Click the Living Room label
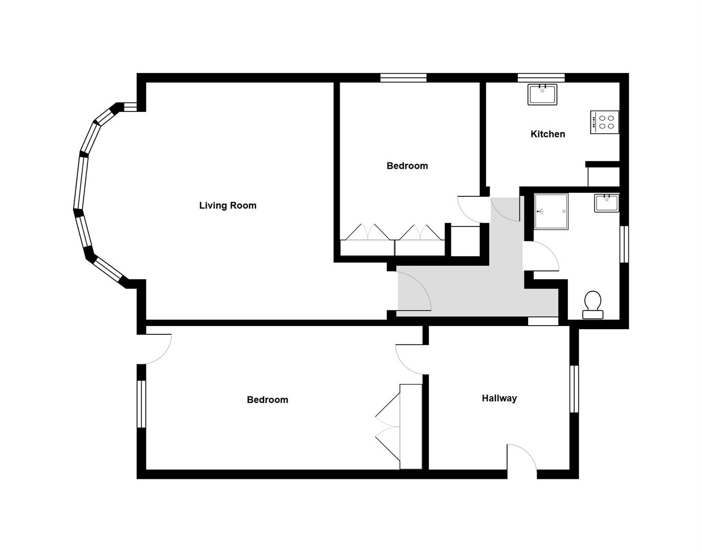point(228,205)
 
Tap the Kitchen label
point(547,134)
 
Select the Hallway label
point(499,398)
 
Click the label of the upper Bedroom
point(407,166)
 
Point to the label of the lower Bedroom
point(267,400)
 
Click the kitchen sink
point(542,95)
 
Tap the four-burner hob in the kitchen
point(604,122)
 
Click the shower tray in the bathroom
point(551,211)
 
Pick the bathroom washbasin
point(606,202)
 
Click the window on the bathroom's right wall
point(624,244)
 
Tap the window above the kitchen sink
point(541,78)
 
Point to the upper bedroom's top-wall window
point(403,78)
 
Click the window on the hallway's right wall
point(574,388)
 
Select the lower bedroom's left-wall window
point(141,404)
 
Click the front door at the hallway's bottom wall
point(522,463)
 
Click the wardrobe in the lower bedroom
point(411,426)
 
